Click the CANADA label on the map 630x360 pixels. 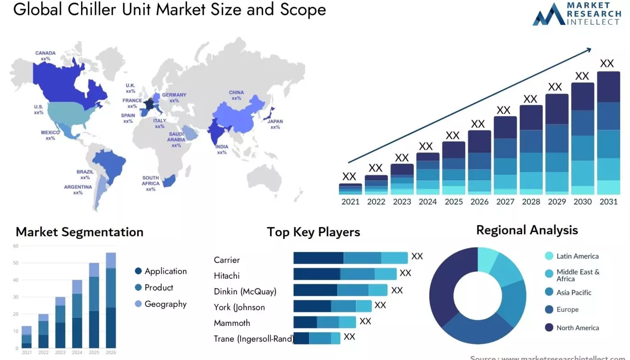pos(45,53)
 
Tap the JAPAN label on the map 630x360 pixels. pos(275,121)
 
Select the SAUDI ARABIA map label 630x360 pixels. pos(176,137)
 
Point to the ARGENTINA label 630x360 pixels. pos(78,187)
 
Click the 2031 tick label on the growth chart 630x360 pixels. pos(608,202)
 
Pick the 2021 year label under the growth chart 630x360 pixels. pos(351,202)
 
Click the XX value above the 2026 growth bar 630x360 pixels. pos(478,124)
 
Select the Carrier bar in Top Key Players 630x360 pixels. pos(350,258)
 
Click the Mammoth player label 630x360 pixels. pos(232,323)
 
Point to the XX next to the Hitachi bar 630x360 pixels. pos(405,273)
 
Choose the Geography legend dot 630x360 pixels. pos(139,304)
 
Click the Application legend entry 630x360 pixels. pos(165,271)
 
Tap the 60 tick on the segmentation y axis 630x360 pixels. pos(16,246)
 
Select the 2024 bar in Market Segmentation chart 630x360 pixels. pos(77,314)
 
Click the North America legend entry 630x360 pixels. pos(577,328)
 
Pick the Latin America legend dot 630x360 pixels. pos(549,256)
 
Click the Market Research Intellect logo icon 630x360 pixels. pos(548,14)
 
